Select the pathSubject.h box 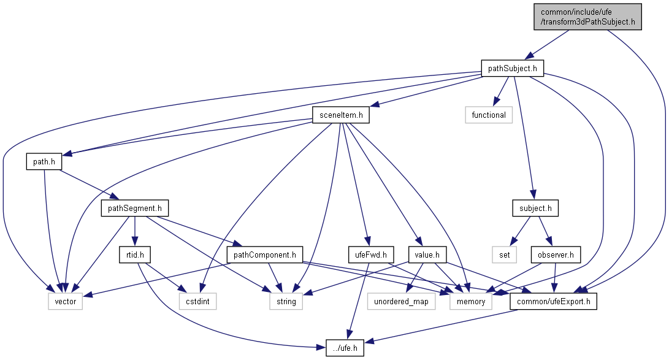pos(512,68)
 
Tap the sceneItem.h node pos(338,115)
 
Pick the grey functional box pos(489,115)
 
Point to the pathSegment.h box pos(135,209)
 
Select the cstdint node pos(197,301)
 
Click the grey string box pos(286,301)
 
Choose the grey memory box pos(468,301)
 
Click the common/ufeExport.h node pos(557,301)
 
